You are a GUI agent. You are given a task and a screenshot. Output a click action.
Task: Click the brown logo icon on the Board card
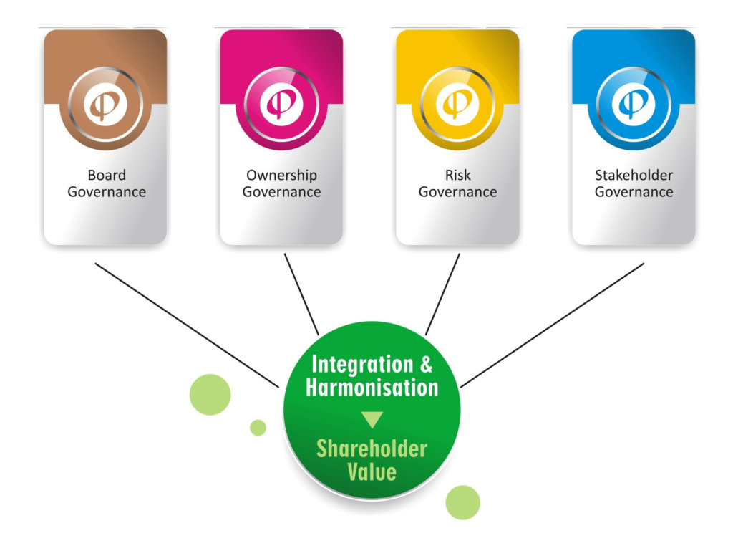[105, 104]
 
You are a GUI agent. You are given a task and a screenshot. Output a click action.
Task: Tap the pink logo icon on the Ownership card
[281, 104]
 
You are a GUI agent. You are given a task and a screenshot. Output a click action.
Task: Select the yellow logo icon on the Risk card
[457, 104]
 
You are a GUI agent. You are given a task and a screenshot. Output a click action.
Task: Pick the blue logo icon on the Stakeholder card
[634, 104]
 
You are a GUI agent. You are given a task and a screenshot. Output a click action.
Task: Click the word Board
[107, 175]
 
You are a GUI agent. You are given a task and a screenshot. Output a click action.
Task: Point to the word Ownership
[281, 175]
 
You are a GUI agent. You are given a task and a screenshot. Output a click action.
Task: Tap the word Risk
[457, 175]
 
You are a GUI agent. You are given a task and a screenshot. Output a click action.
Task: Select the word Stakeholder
[634, 175]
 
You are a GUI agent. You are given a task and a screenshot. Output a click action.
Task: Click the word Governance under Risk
[457, 192]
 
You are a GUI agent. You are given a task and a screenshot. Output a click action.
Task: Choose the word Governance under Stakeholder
[634, 192]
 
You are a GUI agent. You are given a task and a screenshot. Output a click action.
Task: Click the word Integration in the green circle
[362, 364]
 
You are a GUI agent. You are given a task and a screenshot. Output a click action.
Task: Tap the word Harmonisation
[372, 388]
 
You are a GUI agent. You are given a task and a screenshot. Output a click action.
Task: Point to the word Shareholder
[372, 449]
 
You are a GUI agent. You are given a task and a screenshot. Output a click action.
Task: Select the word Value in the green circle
[372, 472]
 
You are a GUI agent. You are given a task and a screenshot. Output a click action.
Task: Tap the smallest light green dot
[258, 428]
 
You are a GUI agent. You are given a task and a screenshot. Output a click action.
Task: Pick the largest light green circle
[210, 395]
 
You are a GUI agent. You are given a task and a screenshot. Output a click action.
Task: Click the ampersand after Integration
[425, 365]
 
